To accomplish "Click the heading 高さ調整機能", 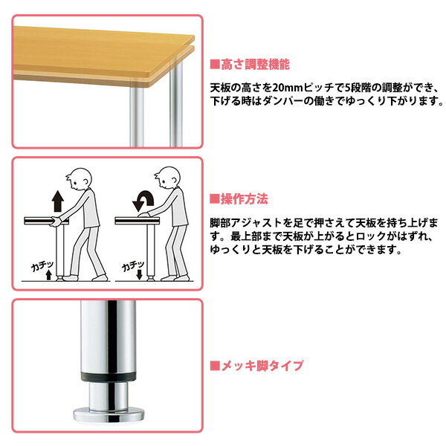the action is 255,64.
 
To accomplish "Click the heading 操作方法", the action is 245,198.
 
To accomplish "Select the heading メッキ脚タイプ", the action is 262,366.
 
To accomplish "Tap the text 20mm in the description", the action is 287,88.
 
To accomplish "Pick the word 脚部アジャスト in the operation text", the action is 246,223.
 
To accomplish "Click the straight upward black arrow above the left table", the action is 58,201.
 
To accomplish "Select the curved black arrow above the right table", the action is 143,201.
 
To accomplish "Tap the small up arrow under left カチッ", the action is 48,275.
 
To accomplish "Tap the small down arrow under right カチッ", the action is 140,275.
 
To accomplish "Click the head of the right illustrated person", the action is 168,178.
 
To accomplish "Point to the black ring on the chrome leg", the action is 108,377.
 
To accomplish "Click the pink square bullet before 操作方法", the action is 215,198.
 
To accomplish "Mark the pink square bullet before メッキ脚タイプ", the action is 215,366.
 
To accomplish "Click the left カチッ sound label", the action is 42,265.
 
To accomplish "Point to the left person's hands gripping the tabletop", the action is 56,222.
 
